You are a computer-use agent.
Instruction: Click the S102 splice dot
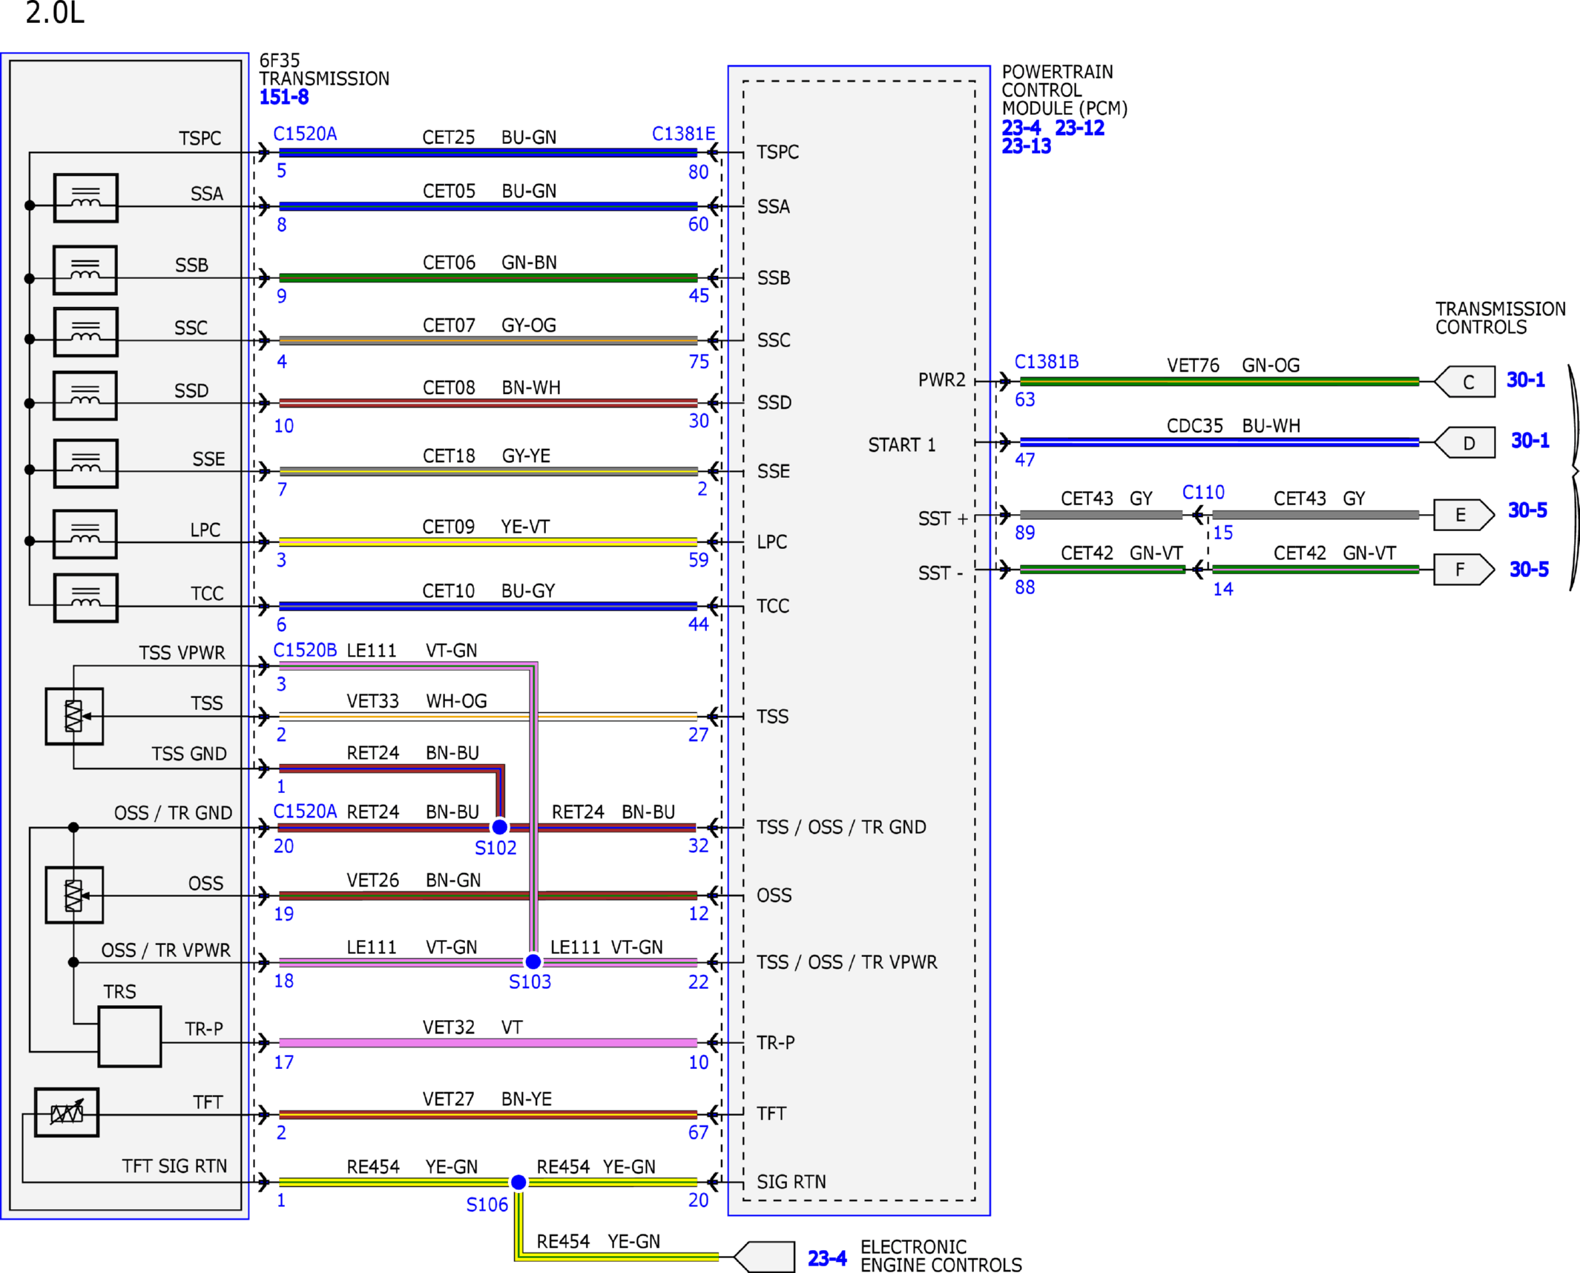[500, 826]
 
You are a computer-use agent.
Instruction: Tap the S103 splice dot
[533, 961]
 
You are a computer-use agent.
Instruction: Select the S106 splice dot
[519, 1182]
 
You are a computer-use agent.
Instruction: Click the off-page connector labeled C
[1465, 382]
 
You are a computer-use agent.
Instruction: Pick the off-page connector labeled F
[1464, 570]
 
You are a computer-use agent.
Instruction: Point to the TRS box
[130, 1036]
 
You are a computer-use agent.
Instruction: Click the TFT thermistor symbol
[67, 1112]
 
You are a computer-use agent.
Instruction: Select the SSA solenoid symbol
[86, 198]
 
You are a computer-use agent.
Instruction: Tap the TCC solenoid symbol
[86, 598]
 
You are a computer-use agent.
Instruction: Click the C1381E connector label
[683, 134]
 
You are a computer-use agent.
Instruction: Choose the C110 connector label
[1203, 492]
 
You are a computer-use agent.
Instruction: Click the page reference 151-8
[284, 97]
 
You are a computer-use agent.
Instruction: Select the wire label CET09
[448, 527]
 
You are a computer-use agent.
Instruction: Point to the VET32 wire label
[449, 1027]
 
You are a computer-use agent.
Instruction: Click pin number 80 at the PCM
[698, 172]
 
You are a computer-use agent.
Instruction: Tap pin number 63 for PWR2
[1024, 400]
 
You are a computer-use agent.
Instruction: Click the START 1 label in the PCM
[902, 445]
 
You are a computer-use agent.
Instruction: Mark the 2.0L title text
[55, 13]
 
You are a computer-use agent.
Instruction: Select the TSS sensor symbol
[74, 716]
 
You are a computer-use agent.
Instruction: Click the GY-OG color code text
[529, 326]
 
